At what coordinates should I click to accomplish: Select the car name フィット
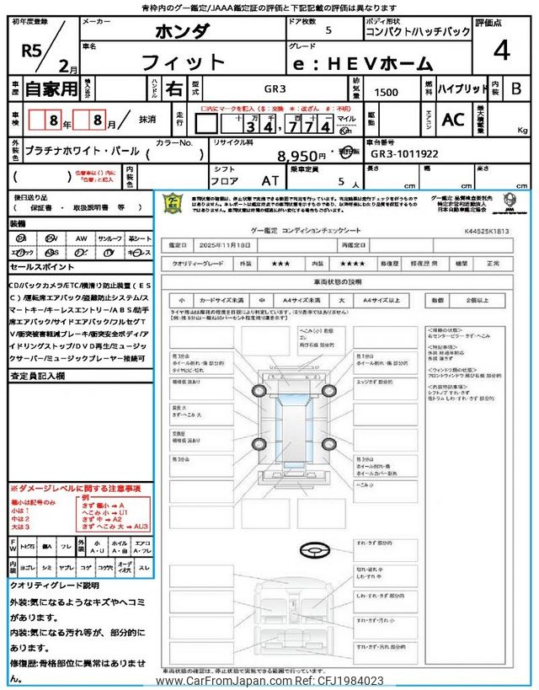click(x=183, y=62)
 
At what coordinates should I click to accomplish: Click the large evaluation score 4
click(x=501, y=51)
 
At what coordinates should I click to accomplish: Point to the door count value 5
click(x=328, y=30)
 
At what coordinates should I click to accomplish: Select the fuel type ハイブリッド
click(x=463, y=88)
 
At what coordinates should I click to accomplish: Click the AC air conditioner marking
click(x=452, y=120)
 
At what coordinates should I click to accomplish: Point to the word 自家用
click(x=50, y=88)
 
